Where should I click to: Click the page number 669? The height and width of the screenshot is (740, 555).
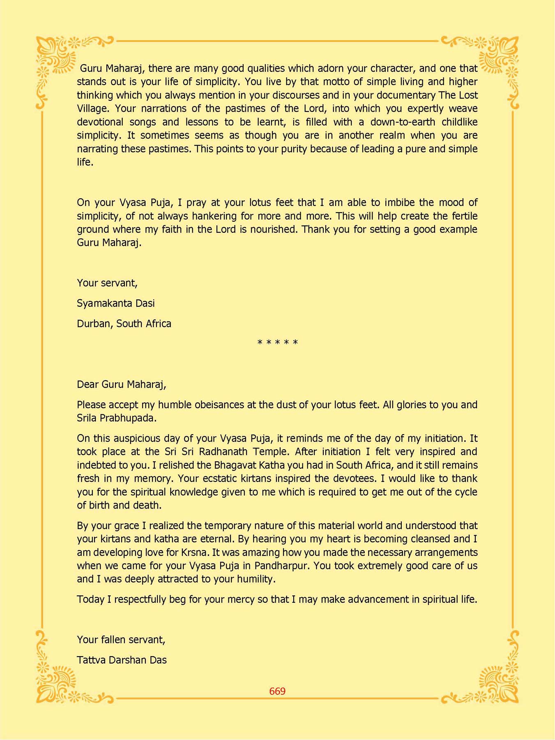point(277,691)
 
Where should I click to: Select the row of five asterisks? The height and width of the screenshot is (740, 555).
point(277,342)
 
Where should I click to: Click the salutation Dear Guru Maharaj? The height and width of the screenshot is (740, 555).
point(121,384)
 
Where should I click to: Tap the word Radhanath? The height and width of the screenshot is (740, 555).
point(223,452)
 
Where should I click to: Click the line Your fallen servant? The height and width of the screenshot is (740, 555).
point(121,640)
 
